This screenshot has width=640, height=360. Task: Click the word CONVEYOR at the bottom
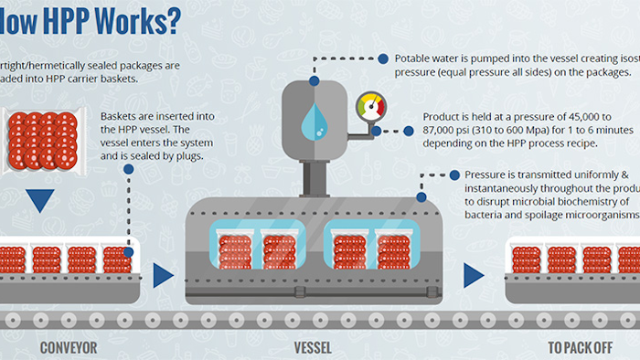69,348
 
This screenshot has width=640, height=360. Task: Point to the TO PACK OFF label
581,348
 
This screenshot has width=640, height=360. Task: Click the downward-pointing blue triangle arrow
40,200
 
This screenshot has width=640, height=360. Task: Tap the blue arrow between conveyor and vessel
164,274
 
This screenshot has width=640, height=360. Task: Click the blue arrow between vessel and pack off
474,274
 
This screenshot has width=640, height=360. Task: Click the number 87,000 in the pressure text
443,132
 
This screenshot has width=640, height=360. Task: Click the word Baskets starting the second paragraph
124,117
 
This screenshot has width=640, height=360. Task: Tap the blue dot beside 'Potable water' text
383,58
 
